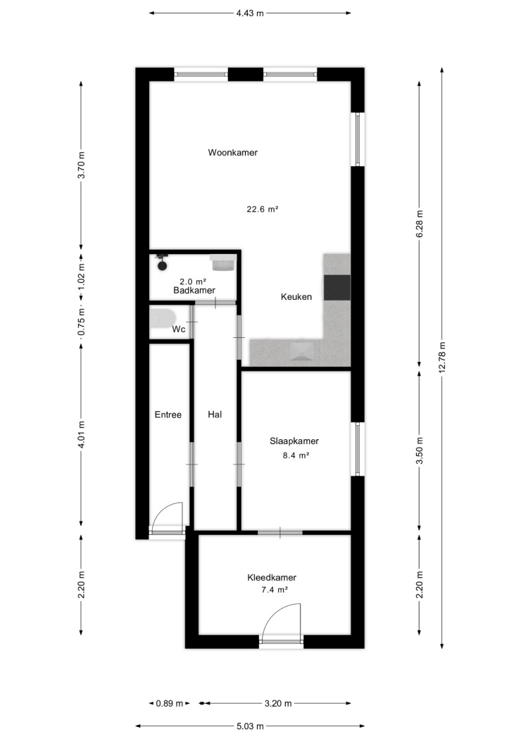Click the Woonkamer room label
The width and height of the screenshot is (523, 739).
233,153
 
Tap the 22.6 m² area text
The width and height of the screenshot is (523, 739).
263,209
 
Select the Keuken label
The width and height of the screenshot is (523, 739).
296,297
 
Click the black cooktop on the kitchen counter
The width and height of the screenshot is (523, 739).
337,287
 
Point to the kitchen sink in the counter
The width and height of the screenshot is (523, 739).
301,352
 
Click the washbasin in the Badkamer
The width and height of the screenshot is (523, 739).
222,263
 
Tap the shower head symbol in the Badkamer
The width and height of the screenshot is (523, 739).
162,262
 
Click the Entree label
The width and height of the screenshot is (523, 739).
168,415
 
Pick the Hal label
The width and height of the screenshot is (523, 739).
215,415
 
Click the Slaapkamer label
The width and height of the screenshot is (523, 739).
294,441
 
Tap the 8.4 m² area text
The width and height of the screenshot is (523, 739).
296,456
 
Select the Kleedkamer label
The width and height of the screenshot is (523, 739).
272,578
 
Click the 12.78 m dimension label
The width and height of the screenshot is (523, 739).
442,357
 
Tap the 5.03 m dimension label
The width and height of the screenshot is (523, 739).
249,726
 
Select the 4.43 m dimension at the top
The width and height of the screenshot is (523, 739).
250,13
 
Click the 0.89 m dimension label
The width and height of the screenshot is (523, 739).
170,704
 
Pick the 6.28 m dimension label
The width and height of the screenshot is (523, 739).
420,223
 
